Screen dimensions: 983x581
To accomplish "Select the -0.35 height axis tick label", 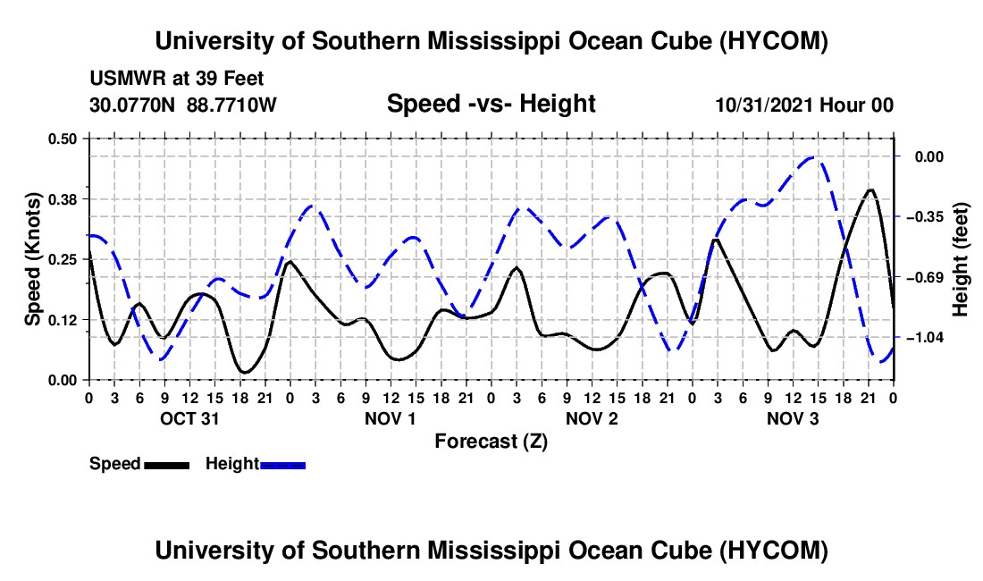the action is (x=929, y=217).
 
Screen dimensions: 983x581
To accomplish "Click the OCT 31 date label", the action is (x=189, y=418).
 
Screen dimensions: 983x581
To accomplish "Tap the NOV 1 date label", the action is (x=390, y=418).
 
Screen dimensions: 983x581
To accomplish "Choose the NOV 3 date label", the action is (x=793, y=418).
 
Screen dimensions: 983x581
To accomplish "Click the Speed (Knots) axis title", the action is (x=32, y=259).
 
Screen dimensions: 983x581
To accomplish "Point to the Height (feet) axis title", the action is (x=961, y=259).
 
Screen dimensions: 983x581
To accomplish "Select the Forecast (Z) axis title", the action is (x=491, y=442).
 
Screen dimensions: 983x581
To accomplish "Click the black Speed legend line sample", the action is (x=167, y=466).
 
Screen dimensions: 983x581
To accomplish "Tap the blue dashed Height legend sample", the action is (x=282, y=466).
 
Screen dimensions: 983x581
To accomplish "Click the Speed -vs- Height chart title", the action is (x=491, y=104).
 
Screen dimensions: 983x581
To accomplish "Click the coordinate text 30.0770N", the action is (x=132, y=105).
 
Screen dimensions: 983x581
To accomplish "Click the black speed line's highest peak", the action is (x=870, y=189).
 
